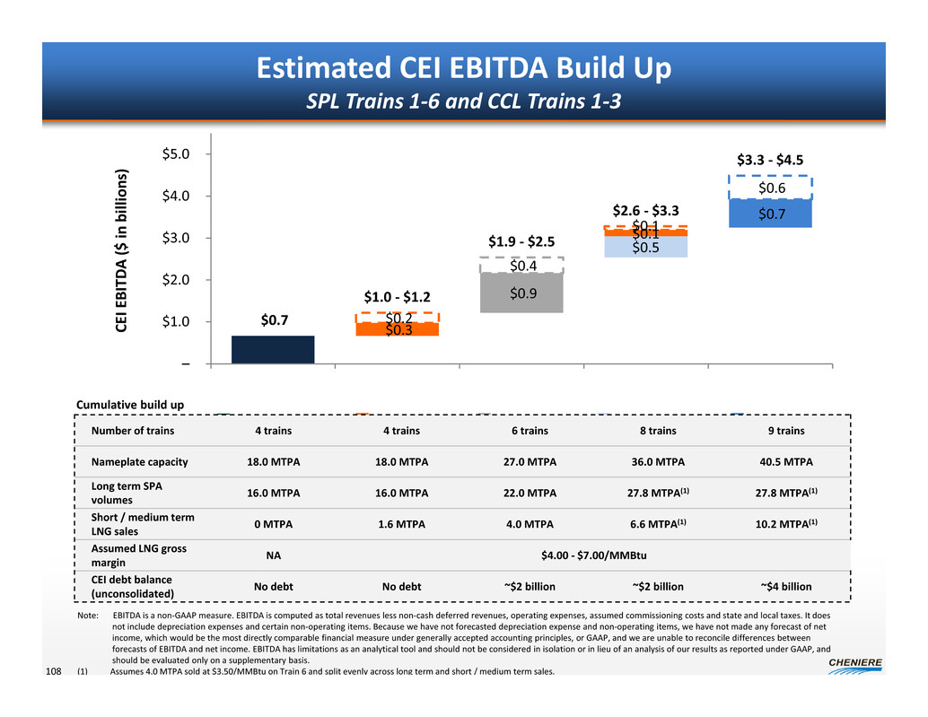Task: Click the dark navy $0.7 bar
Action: (x=273, y=349)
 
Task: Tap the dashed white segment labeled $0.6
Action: (x=770, y=188)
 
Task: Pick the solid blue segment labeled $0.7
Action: (x=770, y=214)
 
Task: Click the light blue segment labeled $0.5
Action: (x=646, y=247)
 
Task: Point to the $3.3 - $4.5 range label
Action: (x=770, y=162)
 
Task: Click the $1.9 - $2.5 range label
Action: (x=521, y=240)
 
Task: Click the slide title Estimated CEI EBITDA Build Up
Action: (x=464, y=68)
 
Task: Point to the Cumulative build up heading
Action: (x=130, y=405)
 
